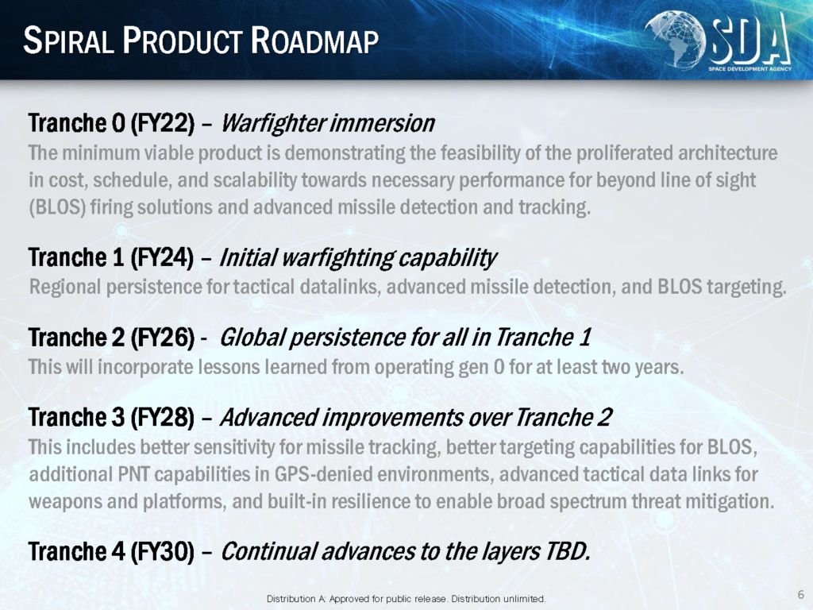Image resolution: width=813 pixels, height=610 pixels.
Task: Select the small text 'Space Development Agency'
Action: pos(749,69)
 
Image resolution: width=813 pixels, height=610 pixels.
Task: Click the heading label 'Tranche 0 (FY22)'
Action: pos(111,123)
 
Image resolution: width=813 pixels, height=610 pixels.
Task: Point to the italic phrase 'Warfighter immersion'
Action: pos(328,123)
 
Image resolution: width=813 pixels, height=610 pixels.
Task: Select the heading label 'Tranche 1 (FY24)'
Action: pos(111,257)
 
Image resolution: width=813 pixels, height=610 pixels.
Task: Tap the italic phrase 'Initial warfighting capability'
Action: pos(358,258)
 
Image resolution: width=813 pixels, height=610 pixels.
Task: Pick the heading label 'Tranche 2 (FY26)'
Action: pos(111,338)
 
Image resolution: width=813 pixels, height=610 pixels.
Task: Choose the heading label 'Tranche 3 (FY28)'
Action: pos(111,418)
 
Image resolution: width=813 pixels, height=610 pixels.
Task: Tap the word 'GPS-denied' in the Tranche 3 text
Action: pos(328,474)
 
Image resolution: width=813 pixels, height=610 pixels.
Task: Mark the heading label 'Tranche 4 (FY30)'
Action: pos(111,551)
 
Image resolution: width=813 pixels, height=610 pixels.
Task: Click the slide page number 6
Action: pos(800,594)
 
